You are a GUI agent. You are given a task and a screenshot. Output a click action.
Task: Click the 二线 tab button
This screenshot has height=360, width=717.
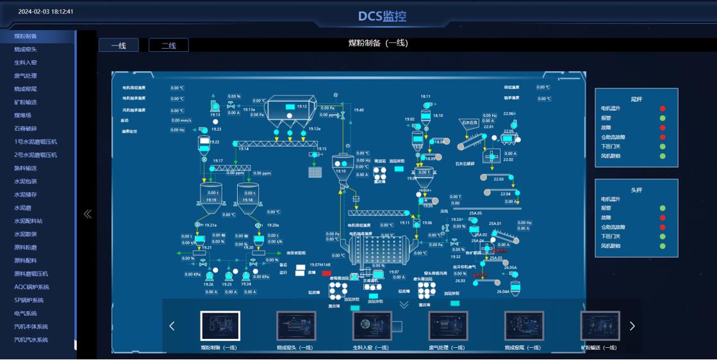(x=169, y=45)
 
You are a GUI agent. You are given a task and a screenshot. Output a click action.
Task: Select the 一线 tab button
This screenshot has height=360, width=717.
(x=119, y=45)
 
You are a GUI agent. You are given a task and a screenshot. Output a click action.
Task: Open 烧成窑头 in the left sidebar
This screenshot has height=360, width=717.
(x=26, y=49)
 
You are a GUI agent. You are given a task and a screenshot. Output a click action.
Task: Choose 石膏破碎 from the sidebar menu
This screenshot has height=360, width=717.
(x=26, y=129)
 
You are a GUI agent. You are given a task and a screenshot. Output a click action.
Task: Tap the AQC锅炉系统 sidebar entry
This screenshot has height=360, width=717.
(x=32, y=287)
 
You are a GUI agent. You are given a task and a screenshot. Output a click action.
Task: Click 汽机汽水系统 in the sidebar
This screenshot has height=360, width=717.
(x=31, y=340)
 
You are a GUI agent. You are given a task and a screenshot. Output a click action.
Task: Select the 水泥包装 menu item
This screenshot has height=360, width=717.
(x=26, y=181)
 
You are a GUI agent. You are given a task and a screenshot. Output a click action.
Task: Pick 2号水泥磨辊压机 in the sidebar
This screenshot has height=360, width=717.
(x=36, y=155)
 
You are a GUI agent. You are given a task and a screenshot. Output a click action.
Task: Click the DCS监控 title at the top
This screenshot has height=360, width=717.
(x=382, y=17)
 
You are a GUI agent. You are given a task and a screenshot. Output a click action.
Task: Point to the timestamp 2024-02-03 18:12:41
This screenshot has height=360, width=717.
(x=45, y=12)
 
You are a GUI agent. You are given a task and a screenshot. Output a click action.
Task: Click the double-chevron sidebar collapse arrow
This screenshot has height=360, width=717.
(x=88, y=214)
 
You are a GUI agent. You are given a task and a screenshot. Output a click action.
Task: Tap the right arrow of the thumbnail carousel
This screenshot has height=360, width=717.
(x=632, y=326)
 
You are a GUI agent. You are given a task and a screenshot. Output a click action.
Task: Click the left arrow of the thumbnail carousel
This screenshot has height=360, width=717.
(x=172, y=326)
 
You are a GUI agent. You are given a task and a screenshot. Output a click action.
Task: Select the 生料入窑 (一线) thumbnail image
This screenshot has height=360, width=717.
(x=372, y=326)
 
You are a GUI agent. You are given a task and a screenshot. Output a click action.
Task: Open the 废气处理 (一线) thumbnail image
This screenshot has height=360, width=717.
(x=448, y=326)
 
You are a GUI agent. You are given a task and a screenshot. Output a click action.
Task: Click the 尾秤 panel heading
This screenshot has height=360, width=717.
(x=636, y=99)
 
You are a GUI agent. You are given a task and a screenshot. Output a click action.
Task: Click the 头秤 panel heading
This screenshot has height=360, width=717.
(x=636, y=190)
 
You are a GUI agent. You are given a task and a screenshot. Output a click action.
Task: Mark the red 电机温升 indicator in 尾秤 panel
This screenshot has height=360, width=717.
(x=663, y=109)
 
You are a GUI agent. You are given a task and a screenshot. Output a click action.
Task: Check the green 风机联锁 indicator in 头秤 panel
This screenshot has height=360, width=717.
(x=663, y=246)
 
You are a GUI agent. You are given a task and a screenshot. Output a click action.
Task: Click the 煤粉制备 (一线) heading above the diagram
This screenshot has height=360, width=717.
(x=378, y=44)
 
